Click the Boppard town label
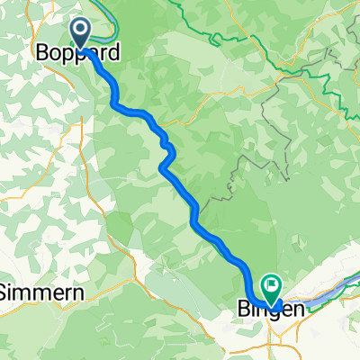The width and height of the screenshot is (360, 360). pos(76,54)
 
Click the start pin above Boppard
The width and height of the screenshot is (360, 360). pos(80,33)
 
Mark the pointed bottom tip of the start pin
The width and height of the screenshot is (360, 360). pos(80,49)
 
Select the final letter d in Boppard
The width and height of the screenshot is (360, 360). pos(112,54)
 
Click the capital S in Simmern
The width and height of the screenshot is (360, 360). pos(6,293)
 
